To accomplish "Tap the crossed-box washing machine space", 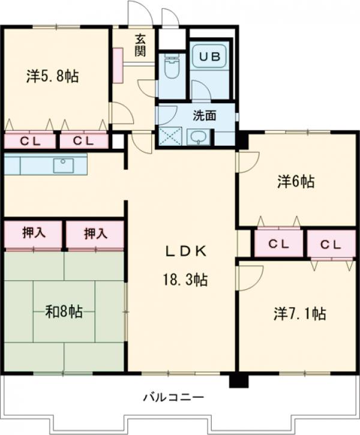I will pos(169,137).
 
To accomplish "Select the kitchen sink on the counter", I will pos(62,165).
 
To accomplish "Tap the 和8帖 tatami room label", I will pos(64,311).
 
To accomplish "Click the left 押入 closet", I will pos(34,233).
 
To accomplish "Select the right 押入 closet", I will pos(95,233).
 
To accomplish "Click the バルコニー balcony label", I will pos(173,397).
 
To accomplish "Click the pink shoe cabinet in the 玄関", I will pos(117,62).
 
